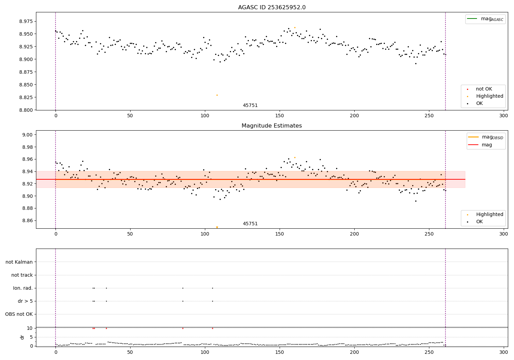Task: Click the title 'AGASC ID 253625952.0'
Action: (x=272, y=8)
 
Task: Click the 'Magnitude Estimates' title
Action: (x=272, y=126)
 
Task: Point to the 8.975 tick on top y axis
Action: (x=26, y=21)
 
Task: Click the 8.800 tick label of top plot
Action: (x=26, y=110)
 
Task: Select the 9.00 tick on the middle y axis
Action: (x=27, y=135)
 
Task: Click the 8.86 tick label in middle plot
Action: (x=27, y=220)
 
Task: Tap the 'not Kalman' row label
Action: (x=19, y=262)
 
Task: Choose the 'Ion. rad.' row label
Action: (x=23, y=288)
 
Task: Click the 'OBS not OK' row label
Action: (x=19, y=314)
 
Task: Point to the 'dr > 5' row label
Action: (x=25, y=301)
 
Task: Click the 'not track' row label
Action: (x=22, y=275)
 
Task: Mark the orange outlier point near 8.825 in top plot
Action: (x=217, y=95)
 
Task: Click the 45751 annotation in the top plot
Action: (x=250, y=106)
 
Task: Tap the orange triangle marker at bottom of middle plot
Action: (x=217, y=227)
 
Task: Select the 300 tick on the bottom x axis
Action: (x=503, y=351)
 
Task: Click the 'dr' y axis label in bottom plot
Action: (x=22, y=337)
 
